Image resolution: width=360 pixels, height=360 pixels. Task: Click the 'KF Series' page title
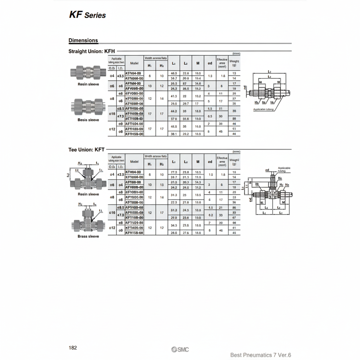[x=87, y=15]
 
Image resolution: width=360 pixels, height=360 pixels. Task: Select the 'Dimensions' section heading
[x=83, y=40]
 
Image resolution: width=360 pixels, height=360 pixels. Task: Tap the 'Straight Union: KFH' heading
[x=91, y=51]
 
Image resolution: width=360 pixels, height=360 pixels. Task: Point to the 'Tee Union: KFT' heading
[x=86, y=150]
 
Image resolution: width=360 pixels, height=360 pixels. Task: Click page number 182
[x=73, y=348]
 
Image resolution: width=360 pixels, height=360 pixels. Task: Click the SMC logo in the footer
[x=180, y=349]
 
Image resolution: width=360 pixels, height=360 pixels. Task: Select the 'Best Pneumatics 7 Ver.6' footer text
[x=261, y=355]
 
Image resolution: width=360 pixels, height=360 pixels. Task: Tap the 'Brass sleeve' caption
[x=88, y=237]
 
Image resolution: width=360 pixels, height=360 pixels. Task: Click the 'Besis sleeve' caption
[x=88, y=120]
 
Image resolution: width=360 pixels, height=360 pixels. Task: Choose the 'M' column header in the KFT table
[x=198, y=162]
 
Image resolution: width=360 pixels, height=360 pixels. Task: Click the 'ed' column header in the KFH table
[x=210, y=63]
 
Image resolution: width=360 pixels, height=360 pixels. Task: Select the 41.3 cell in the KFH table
[x=174, y=96]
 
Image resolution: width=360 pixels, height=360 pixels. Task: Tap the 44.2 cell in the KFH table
[x=174, y=111]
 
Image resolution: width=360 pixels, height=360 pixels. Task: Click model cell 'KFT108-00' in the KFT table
[x=134, y=217]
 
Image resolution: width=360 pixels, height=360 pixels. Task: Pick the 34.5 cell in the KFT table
[x=174, y=225]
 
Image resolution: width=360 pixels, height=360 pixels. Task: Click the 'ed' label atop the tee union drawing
[x=267, y=170]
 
